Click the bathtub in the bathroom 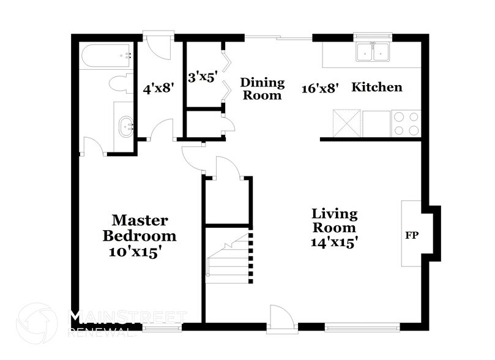click(x=106, y=56)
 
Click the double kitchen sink click(x=373, y=52)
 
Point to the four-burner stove click(x=406, y=124)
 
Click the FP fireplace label click(x=412, y=235)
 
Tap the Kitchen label click(x=377, y=87)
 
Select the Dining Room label click(x=262, y=89)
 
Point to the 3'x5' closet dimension click(x=203, y=77)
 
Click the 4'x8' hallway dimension click(x=159, y=88)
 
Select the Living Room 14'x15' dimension click(x=334, y=242)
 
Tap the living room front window click(x=362, y=327)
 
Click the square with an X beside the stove click(x=347, y=123)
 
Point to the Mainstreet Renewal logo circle click(x=37, y=323)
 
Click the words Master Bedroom click(x=140, y=228)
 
